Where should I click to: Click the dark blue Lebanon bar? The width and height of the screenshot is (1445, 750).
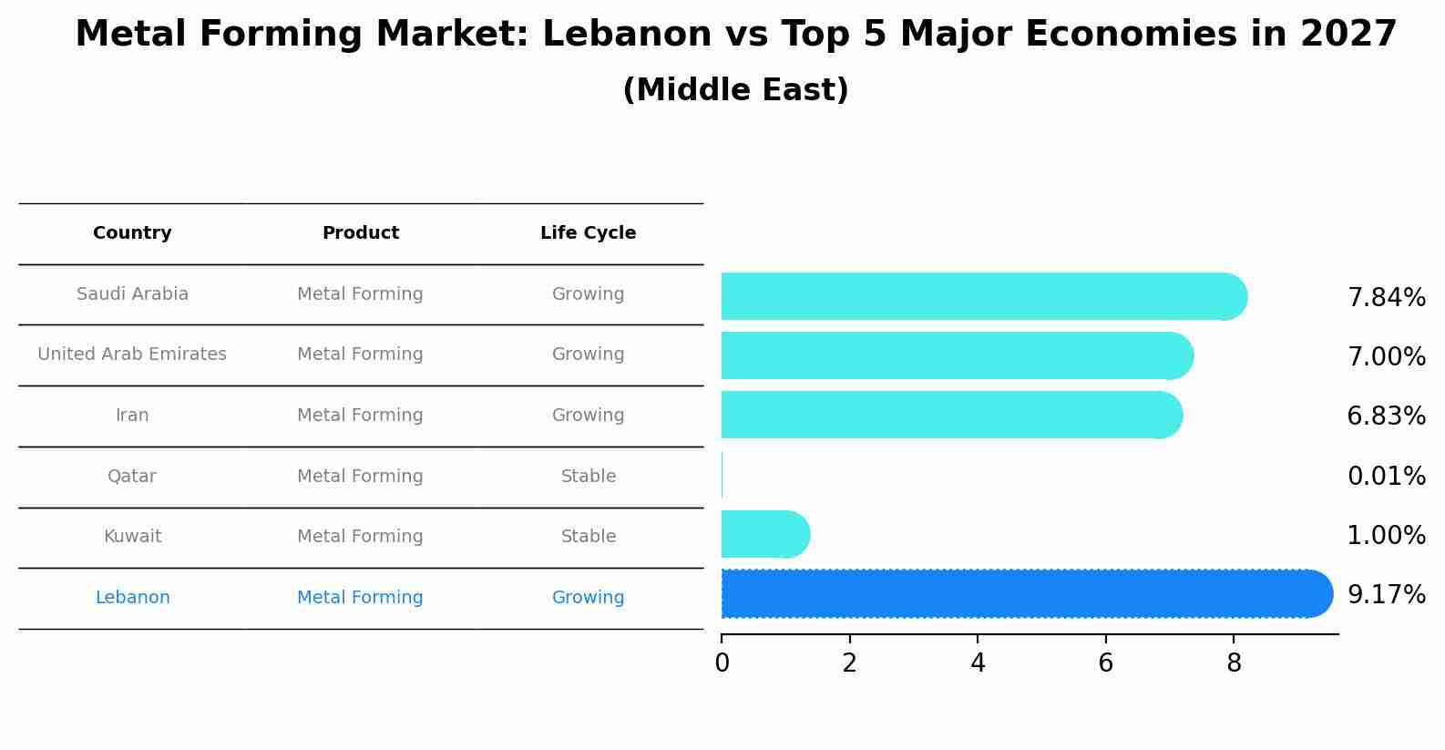(x=1020, y=594)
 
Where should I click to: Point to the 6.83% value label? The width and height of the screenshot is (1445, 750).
(x=1386, y=416)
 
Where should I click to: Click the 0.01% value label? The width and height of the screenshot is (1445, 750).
(x=1386, y=476)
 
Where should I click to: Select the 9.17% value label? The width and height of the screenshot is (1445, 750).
(x=1386, y=595)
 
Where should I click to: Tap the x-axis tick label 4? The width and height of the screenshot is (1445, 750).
(x=978, y=663)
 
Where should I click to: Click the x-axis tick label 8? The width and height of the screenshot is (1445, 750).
(x=1234, y=663)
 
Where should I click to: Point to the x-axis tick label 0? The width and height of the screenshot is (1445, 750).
(x=722, y=663)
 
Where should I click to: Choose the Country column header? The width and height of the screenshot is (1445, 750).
(x=132, y=233)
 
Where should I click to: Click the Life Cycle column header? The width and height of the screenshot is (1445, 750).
(x=588, y=233)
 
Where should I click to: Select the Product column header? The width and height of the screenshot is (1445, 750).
(x=360, y=233)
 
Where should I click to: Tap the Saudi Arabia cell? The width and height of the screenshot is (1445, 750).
(x=132, y=294)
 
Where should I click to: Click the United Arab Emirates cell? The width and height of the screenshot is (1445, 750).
(x=132, y=354)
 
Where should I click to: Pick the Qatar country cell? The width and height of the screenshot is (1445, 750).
(x=132, y=477)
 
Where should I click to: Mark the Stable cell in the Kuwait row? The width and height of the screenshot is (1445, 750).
(x=588, y=537)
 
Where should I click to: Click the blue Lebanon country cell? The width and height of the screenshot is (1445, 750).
(x=132, y=598)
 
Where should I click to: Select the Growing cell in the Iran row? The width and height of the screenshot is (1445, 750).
(x=588, y=416)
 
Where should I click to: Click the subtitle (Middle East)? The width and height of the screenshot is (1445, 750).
(x=735, y=90)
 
